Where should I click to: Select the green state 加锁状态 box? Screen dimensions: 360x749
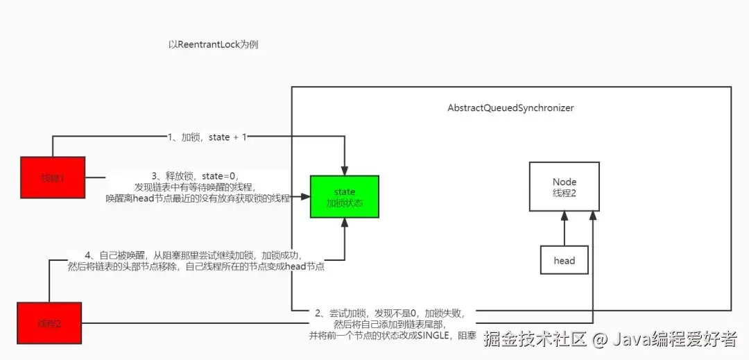pos(344,196)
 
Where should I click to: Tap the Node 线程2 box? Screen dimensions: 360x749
pos(564,187)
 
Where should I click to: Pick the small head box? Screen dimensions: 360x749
pos(564,260)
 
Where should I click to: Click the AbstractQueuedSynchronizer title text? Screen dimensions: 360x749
pos(511,108)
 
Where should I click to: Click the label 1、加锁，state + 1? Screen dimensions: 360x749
pos(207,138)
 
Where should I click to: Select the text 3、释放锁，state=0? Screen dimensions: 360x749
pos(198,176)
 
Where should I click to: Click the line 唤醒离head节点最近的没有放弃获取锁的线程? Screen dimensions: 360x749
pos(198,198)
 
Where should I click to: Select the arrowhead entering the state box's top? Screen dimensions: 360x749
pos(344,171)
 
